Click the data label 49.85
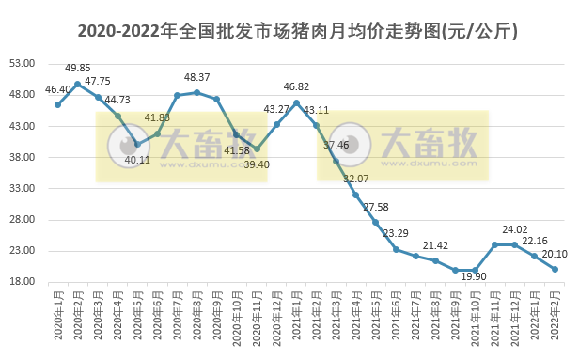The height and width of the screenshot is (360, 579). point(78,68)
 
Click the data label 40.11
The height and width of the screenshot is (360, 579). point(136,160)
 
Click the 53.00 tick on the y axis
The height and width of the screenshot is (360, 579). point(22,64)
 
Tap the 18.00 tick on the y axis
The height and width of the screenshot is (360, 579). point(22,282)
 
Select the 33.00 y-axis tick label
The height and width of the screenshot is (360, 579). point(22,189)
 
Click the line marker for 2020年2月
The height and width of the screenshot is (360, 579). point(77,84)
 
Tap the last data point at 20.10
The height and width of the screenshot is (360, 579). point(555,269)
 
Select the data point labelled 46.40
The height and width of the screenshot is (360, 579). point(57,104)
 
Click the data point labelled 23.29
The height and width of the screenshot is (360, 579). point(396,249)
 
